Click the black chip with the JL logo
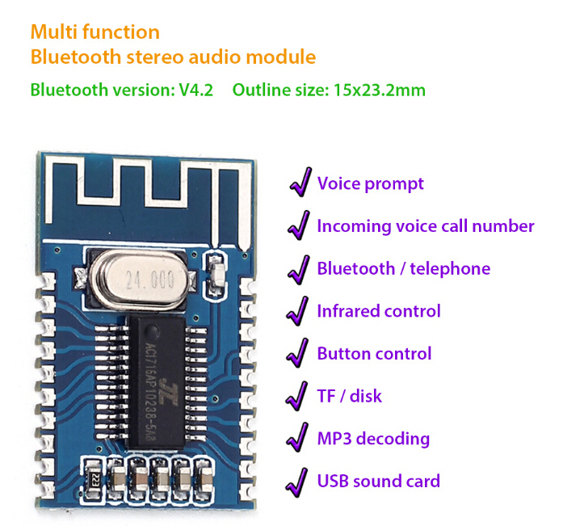coord(157,382)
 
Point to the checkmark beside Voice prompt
coord(301,182)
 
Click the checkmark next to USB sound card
coord(297,482)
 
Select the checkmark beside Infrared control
coord(298,311)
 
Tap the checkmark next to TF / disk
coord(297,397)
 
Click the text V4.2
coord(196,90)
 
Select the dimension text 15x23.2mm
coord(380,90)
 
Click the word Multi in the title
coord(55,32)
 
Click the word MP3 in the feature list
coord(334,439)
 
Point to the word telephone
coord(450,269)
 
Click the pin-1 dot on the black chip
coord(152,331)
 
